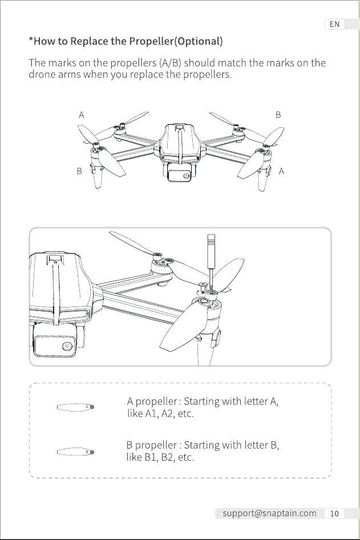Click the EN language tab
(x=334, y=24)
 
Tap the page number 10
(x=334, y=514)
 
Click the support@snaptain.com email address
(x=269, y=513)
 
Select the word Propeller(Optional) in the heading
(x=176, y=41)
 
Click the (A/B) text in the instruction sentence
(x=171, y=63)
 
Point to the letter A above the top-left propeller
(x=81, y=115)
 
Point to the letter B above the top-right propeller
(x=278, y=115)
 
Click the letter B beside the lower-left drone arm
(x=79, y=171)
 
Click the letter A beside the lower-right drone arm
(x=281, y=171)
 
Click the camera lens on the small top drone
(x=186, y=176)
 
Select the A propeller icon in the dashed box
(x=75, y=407)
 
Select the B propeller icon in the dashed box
(x=75, y=452)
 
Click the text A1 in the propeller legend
(x=151, y=414)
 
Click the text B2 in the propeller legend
(x=168, y=458)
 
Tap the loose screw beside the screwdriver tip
(x=203, y=286)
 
